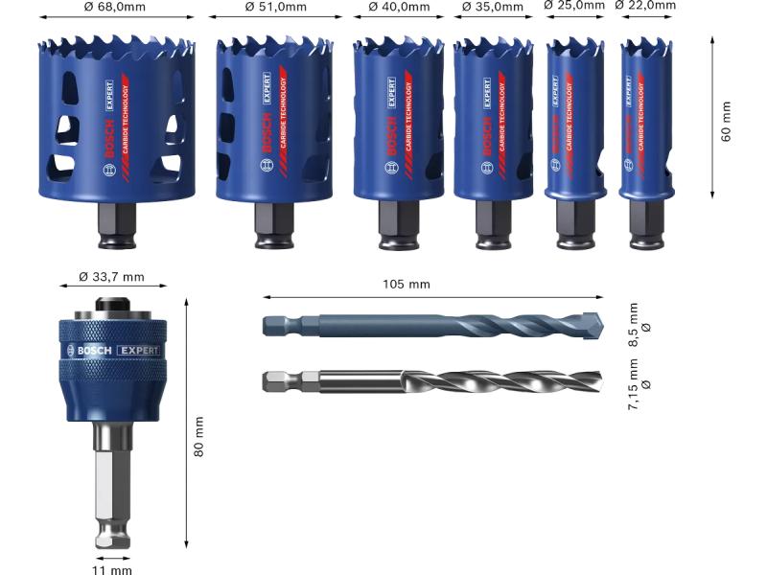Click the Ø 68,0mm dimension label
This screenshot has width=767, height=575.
pos(114,7)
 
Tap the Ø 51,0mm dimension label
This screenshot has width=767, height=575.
pos(276,7)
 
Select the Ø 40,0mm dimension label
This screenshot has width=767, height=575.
pos(399,7)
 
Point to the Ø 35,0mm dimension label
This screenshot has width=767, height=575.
pos(493,7)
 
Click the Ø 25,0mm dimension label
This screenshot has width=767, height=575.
pos(574,5)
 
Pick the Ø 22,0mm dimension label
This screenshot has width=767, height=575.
pos(645,5)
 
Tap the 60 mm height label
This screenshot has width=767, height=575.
pos(726,122)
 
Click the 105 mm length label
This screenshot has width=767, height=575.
pos(406,284)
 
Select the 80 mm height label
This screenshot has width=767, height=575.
pos(198,437)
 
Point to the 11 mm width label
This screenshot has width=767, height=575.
pos(112,569)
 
